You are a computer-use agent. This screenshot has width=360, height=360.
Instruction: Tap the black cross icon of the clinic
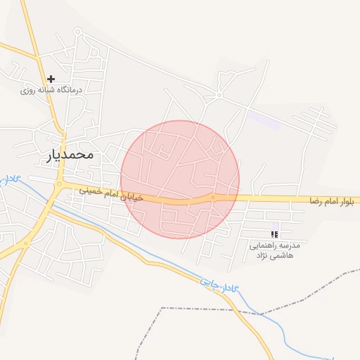(x=51, y=79)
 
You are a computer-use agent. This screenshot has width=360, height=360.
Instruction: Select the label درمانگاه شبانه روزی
(x=51, y=90)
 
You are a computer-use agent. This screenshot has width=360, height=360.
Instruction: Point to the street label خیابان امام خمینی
(x=111, y=193)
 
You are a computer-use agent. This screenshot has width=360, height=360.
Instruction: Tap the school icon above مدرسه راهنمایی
(x=275, y=234)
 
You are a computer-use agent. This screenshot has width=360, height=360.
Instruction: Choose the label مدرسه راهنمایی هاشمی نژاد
(x=275, y=251)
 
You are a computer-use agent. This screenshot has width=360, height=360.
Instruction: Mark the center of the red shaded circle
(x=180, y=179)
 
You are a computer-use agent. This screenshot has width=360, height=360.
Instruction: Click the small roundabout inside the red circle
(x=213, y=198)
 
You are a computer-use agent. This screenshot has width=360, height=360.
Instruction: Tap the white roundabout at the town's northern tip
(x=77, y=32)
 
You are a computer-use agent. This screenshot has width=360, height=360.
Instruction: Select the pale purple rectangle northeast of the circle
(x=263, y=120)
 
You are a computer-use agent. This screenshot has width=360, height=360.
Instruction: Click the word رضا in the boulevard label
(x=316, y=201)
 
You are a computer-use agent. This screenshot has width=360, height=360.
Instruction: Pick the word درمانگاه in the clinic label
(x=70, y=90)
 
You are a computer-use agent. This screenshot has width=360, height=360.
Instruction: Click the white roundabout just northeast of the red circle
(x=219, y=95)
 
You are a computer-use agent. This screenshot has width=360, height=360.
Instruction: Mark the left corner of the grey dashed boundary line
(x=162, y=308)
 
